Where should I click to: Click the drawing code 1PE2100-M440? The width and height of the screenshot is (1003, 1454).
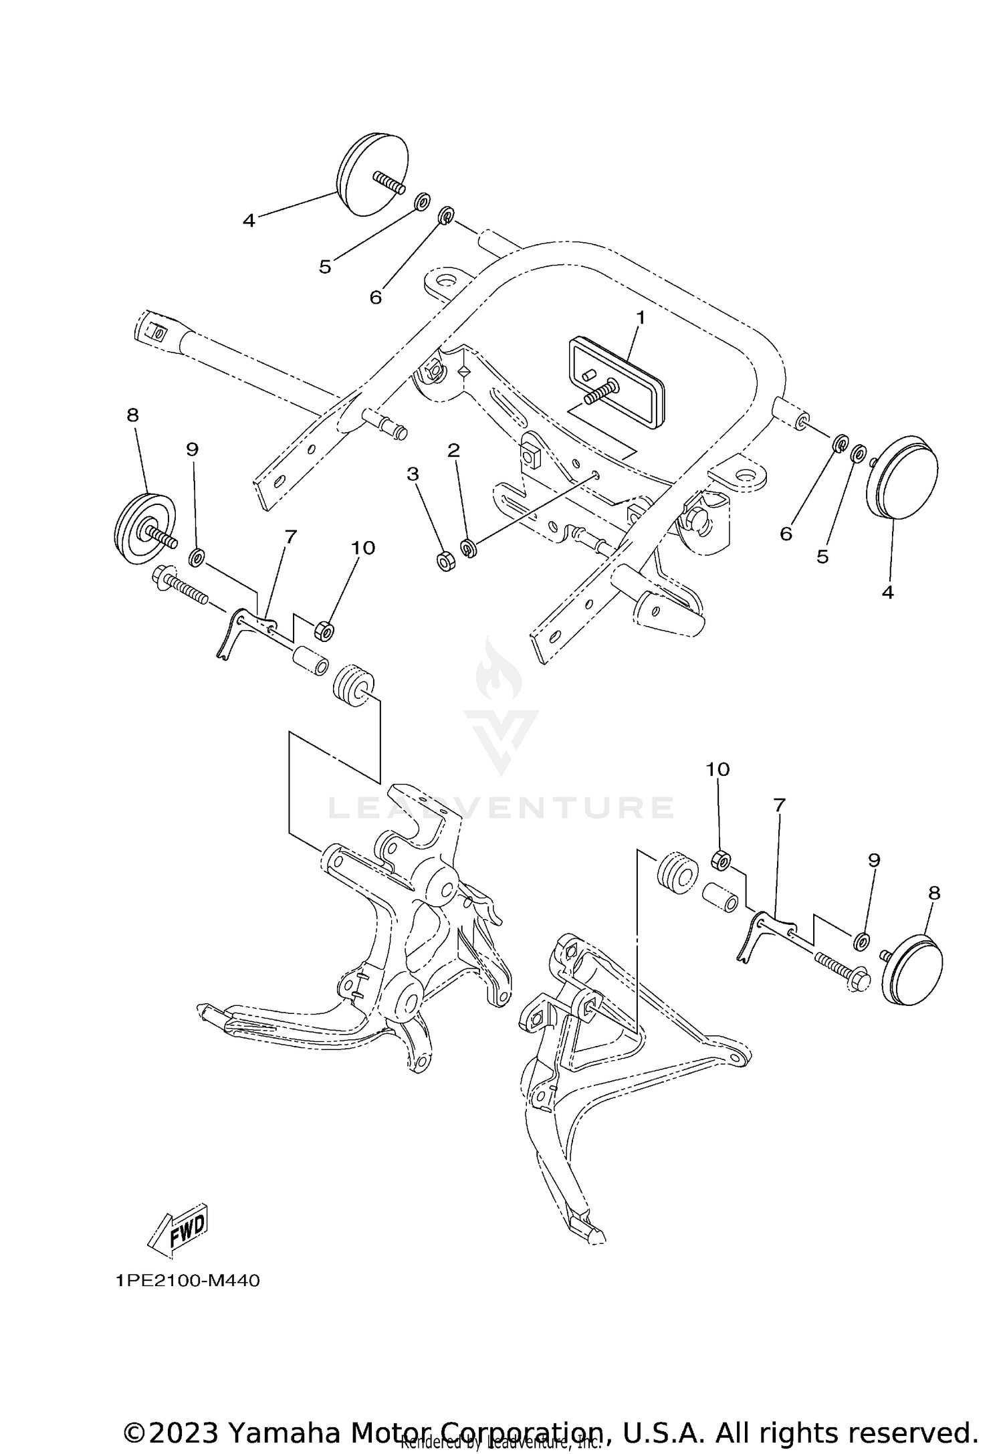point(187,1281)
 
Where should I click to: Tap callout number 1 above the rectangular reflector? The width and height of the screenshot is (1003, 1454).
point(640,318)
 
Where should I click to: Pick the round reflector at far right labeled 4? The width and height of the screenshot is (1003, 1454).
point(903,478)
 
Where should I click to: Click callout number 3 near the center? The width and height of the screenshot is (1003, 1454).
point(413,474)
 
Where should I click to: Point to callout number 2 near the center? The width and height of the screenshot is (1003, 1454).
point(453,450)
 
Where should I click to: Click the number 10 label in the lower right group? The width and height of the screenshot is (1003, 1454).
point(717,769)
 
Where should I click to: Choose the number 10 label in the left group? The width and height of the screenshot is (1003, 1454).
point(363,548)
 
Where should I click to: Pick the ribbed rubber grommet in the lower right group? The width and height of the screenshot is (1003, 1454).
point(677,872)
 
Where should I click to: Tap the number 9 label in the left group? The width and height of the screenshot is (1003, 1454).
point(193,449)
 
